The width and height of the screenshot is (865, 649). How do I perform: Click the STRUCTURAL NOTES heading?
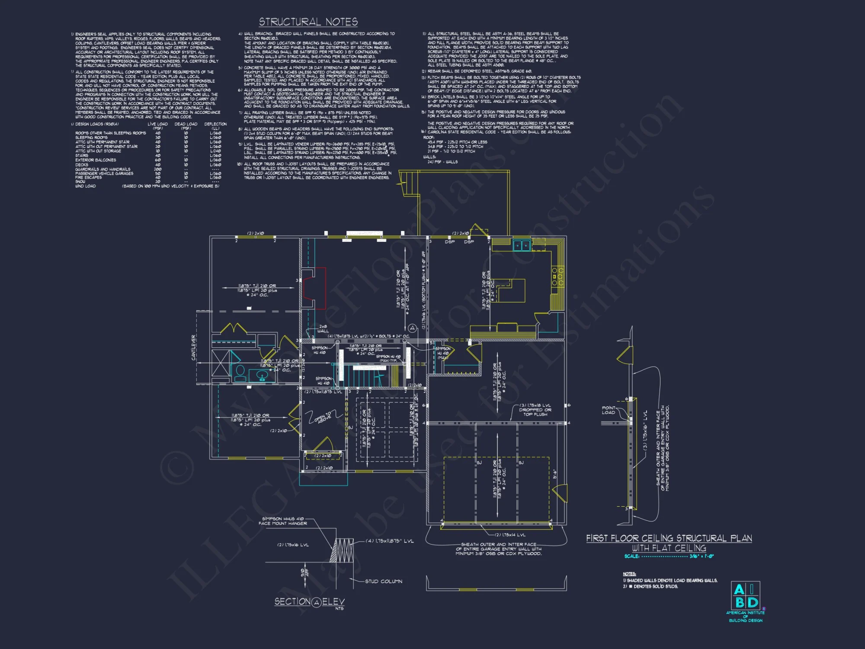click(x=308, y=22)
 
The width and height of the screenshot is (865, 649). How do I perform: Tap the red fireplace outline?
click(x=314, y=288)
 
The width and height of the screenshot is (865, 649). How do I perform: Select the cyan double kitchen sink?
click(x=522, y=245)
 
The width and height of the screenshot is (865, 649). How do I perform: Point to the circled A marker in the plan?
click(x=412, y=328)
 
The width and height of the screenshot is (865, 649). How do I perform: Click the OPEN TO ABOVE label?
click(x=323, y=418)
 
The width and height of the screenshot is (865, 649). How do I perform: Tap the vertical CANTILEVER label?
click(x=194, y=347)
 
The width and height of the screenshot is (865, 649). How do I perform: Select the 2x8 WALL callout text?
click(x=323, y=329)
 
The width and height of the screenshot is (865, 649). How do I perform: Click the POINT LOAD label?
click(x=608, y=410)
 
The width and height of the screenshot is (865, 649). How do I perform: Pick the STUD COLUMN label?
click(x=383, y=581)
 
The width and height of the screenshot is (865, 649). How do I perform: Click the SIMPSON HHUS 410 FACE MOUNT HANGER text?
click(x=283, y=521)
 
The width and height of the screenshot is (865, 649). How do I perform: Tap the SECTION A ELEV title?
click(x=310, y=602)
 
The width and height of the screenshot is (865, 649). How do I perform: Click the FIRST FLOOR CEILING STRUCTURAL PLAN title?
click(x=669, y=538)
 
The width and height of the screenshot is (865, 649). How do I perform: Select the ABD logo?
click(x=746, y=596)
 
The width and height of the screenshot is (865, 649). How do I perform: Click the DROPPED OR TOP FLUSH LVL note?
click(x=535, y=410)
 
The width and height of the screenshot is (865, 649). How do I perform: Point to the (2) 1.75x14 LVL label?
click(x=510, y=535)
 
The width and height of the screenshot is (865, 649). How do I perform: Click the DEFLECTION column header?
click(x=215, y=124)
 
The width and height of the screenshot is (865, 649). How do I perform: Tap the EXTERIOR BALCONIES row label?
click(x=96, y=160)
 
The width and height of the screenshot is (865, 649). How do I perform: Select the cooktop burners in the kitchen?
click(x=557, y=276)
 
